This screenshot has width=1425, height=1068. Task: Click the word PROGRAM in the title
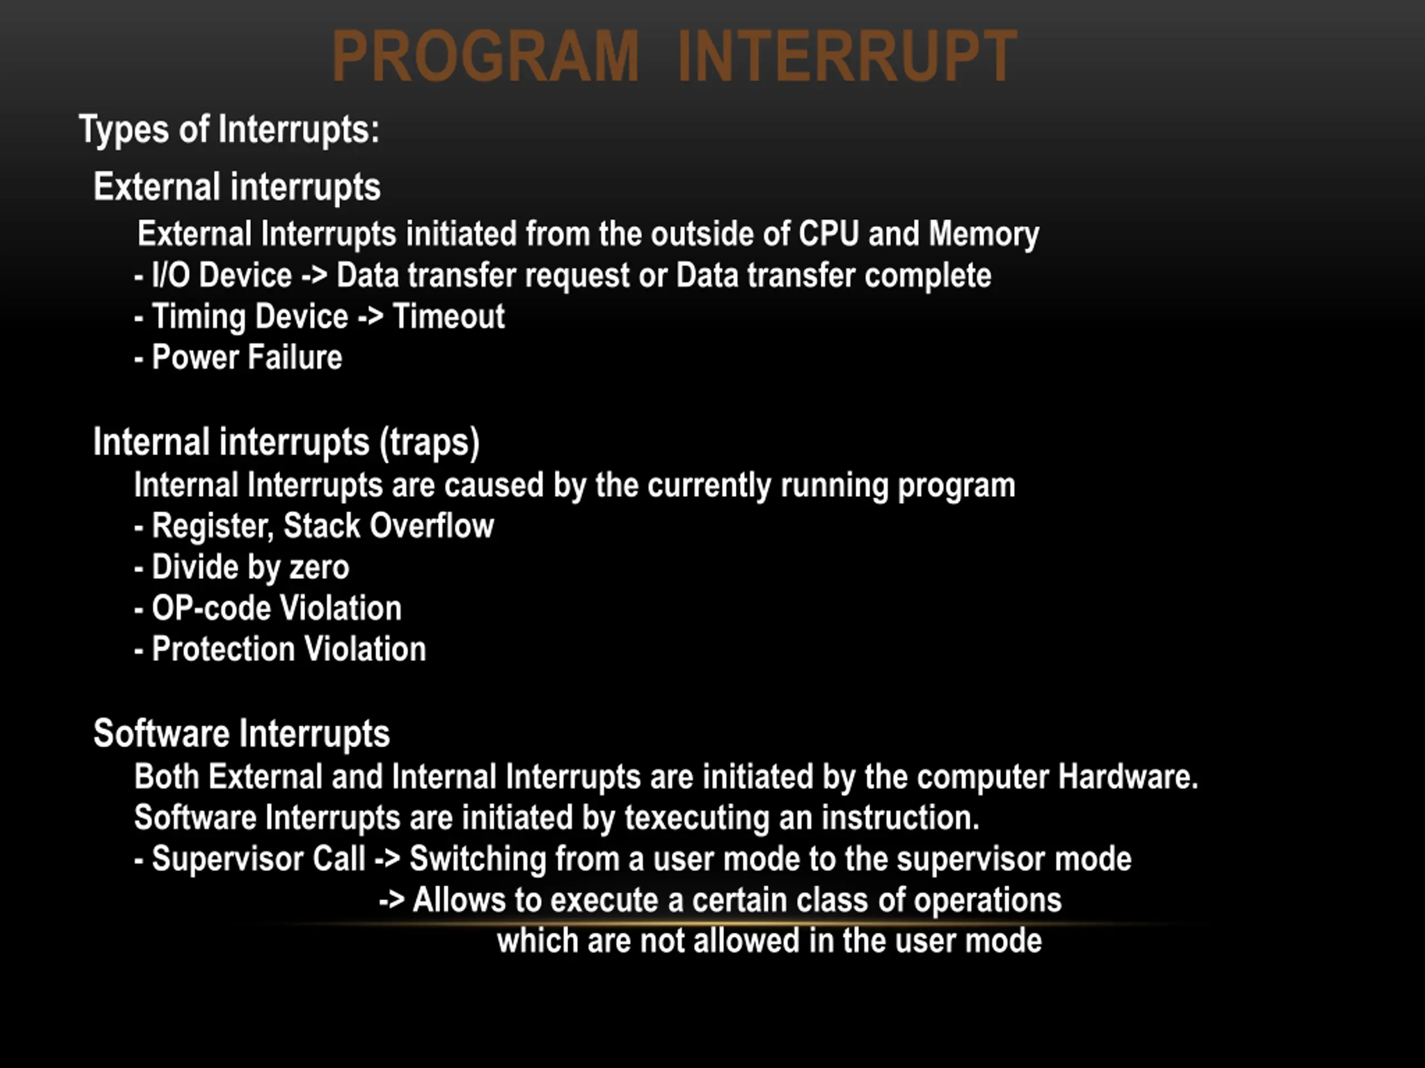click(485, 56)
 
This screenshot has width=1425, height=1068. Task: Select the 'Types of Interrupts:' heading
click(229, 130)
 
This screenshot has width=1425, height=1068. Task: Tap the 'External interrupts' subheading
click(237, 187)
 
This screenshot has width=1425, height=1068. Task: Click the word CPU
click(829, 233)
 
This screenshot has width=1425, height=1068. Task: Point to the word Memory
click(984, 234)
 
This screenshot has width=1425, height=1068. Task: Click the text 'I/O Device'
click(222, 275)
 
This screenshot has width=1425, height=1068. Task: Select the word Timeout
click(449, 317)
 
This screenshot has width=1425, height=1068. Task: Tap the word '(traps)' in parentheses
click(430, 443)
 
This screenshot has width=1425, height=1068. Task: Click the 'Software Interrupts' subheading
click(242, 733)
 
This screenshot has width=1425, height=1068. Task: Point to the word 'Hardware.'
click(1128, 777)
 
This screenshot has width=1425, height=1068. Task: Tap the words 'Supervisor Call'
click(258, 859)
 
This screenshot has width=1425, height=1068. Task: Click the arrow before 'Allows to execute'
click(391, 900)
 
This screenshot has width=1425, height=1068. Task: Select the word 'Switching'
click(478, 859)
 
